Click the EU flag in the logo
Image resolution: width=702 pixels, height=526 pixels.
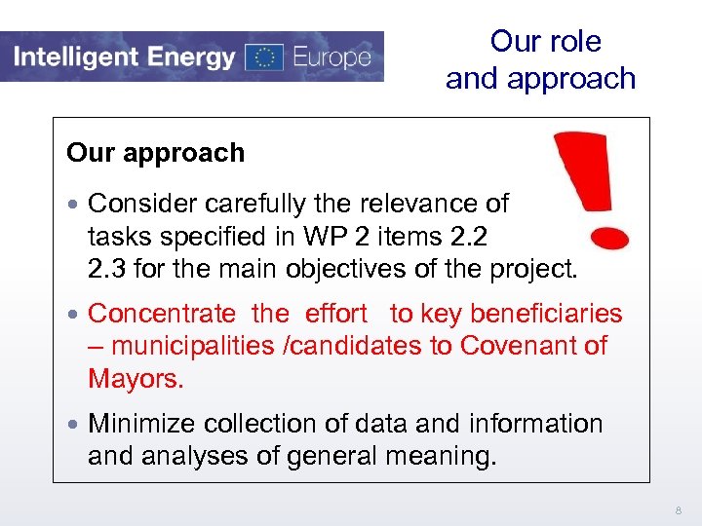click(x=263, y=56)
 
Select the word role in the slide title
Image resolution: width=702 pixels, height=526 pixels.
click(x=573, y=41)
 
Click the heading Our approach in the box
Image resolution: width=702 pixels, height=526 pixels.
click(x=155, y=153)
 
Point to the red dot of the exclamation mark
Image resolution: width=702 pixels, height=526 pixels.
click(x=609, y=236)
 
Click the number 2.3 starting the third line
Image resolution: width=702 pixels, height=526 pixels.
click(x=106, y=268)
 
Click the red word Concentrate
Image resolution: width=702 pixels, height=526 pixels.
click(x=161, y=314)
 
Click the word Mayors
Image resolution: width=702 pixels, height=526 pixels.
click(x=136, y=378)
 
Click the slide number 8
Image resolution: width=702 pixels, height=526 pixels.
click(x=679, y=508)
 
